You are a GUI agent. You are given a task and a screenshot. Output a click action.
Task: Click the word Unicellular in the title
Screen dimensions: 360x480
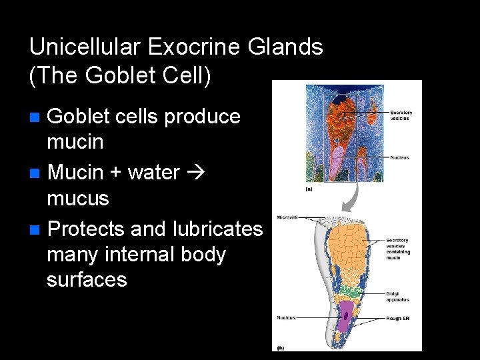[x=87, y=47]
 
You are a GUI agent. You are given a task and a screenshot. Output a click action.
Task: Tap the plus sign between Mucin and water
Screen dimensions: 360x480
[x=115, y=173]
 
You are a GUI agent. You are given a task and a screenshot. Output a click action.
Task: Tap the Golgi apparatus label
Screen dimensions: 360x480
[x=397, y=296]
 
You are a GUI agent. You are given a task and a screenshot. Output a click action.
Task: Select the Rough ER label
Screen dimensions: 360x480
[x=397, y=319]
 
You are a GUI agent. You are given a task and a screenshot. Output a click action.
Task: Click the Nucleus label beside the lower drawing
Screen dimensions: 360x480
[x=286, y=318]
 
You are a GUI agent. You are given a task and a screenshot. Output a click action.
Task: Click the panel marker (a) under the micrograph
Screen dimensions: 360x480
[x=309, y=189]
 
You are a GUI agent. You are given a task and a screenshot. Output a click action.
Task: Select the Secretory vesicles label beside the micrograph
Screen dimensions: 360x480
[x=401, y=115]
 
